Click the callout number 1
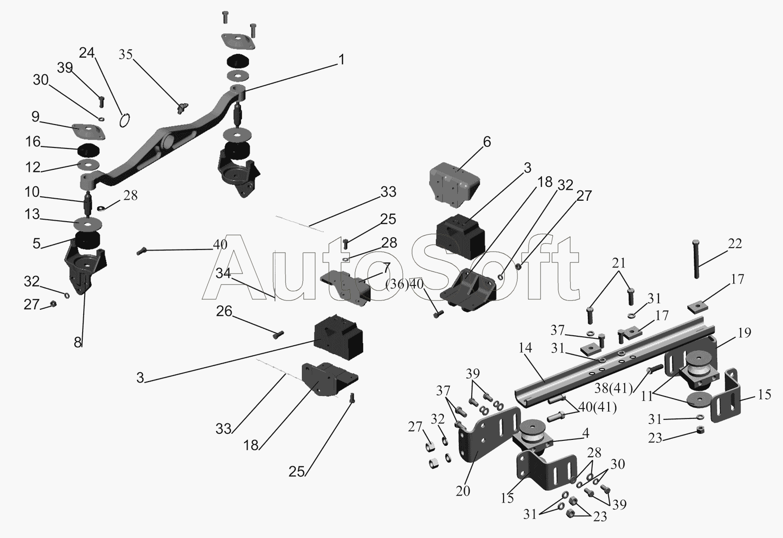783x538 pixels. tap(342, 60)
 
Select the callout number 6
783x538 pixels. tap(487, 141)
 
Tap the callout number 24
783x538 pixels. tap(87, 53)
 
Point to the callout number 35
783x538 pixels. tap(126, 54)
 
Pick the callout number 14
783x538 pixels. tap(525, 348)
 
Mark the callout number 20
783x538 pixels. tap(463, 491)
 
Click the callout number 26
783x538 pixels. tap(224, 311)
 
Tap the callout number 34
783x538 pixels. tap(223, 273)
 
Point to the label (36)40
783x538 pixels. tap(404, 284)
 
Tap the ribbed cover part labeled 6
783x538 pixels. tap(454, 182)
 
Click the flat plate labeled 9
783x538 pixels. tap(89, 131)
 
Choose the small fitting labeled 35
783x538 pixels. tap(182, 108)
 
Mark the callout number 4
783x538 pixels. tap(586, 433)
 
